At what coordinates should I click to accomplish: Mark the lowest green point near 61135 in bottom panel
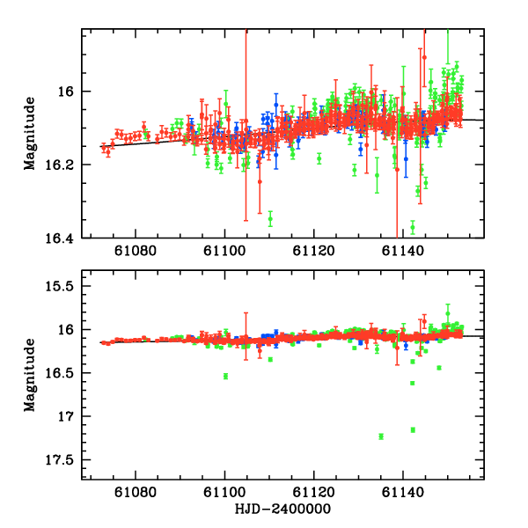click(x=381, y=436)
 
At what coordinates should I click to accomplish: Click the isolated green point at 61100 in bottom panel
click(x=226, y=376)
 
